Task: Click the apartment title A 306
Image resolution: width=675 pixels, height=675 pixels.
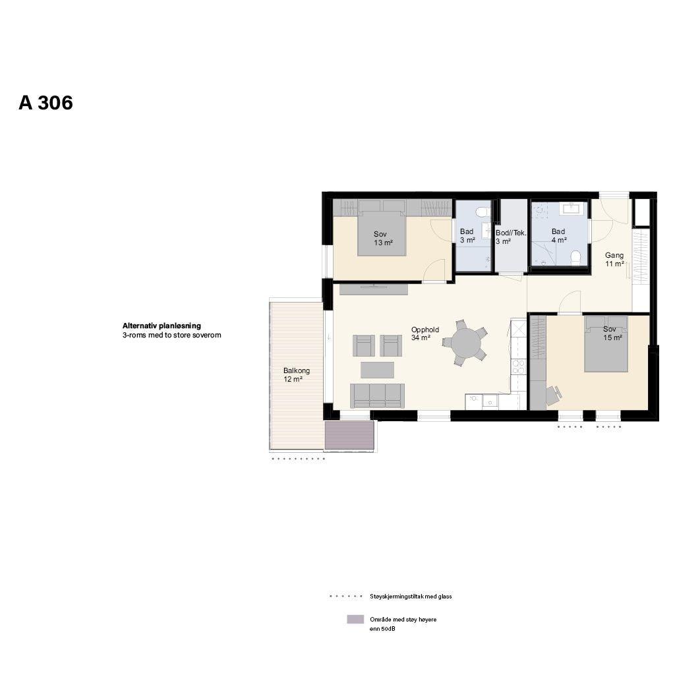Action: [x=45, y=103]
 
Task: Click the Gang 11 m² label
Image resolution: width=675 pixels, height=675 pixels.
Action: [x=614, y=259]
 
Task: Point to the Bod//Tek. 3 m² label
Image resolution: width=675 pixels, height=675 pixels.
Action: [x=510, y=237]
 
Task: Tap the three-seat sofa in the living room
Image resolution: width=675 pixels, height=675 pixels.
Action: [x=377, y=395]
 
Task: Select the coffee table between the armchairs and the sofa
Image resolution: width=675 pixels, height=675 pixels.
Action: [x=377, y=369]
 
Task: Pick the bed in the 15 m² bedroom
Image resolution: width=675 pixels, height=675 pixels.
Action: [x=605, y=344]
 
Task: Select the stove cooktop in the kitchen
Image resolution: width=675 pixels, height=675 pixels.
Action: [x=518, y=366]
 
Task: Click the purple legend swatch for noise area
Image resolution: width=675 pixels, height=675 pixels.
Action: [x=355, y=620]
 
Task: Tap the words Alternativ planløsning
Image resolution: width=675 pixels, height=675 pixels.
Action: [x=161, y=326]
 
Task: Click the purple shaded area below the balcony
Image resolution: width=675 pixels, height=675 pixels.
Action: [x=349, y=436]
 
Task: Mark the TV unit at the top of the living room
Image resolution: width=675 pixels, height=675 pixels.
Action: [x=373, y=289]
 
